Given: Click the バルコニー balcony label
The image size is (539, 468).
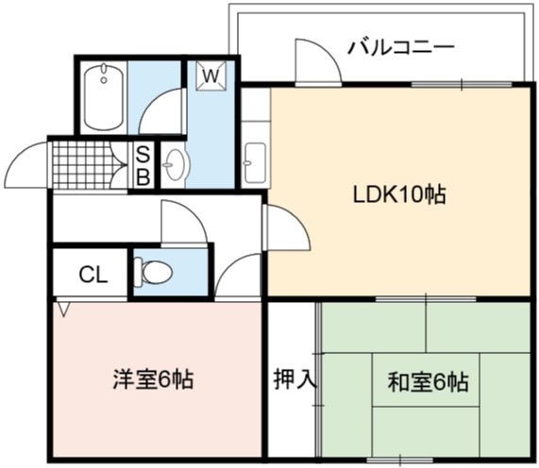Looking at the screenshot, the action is pyautogui.click(x=401, y=48).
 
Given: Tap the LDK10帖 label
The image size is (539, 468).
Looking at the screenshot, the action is pyautogui.click(x=400, y=195).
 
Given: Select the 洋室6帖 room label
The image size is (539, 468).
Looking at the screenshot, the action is pyautogui.click(x=153, y=379).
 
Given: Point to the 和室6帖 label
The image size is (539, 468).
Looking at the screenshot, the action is pyautogui.click(x=429, y=382).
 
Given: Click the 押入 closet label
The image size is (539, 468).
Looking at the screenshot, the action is pyautogui.click(x=295, y=379).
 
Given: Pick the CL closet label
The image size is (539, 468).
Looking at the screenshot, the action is pyautogui.click(x=93, y=275).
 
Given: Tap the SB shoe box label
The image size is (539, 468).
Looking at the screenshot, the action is pyautogui.click(x=143, y=166).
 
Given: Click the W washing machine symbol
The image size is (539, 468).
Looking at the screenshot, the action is pyautogui.click(x=211, y=75).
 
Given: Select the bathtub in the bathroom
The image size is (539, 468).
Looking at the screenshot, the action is pyautogui.click(x=104, y=97).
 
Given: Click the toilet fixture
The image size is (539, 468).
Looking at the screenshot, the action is pyautogui.click(x=153, y=272).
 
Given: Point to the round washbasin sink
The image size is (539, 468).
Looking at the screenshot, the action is pyautogui.click(x=176, y=165).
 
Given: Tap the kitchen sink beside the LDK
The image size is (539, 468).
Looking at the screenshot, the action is pyautogui.click(x=255, y=163).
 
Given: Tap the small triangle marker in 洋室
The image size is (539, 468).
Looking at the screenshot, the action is pyautogui.click(x=63, y=309).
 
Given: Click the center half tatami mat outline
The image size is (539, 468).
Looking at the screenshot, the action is pyautogui.click(x=426, y=380).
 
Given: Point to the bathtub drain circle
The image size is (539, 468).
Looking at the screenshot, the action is pyautogui.click(x=104, y=81).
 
